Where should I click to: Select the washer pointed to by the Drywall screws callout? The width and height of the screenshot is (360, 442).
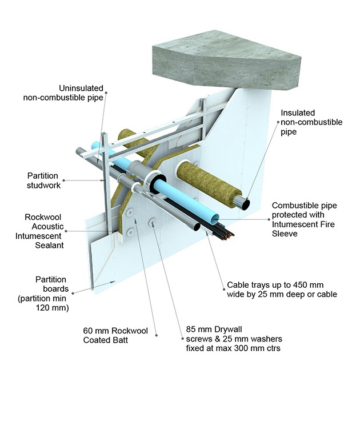[153, 222]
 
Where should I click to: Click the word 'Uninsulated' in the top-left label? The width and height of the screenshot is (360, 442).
[81, 89]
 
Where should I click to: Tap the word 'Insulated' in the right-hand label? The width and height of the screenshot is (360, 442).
[298, 113]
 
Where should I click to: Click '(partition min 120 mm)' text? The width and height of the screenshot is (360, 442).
[43, 303]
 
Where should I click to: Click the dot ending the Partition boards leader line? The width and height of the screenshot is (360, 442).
[114, 282]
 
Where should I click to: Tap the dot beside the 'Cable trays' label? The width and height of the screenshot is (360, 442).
[222, 284]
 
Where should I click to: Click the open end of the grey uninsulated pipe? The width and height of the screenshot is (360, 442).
[196, 226]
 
